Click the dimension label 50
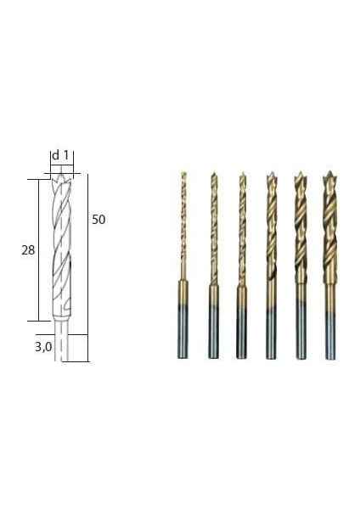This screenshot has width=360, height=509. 98,220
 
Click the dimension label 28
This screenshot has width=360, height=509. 28,250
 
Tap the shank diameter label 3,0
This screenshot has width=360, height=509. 43,347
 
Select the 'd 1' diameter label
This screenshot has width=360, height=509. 60,155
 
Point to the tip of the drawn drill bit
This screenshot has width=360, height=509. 61,175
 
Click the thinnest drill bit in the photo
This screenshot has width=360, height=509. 183,265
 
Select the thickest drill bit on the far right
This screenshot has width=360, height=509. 329,265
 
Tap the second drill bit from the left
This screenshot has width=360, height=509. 213,265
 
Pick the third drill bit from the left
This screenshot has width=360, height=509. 241,265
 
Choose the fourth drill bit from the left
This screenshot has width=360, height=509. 271,265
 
